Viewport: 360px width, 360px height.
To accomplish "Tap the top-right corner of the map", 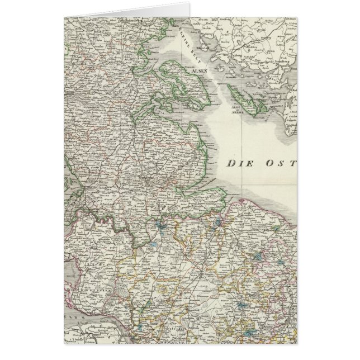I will coord(297,18).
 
